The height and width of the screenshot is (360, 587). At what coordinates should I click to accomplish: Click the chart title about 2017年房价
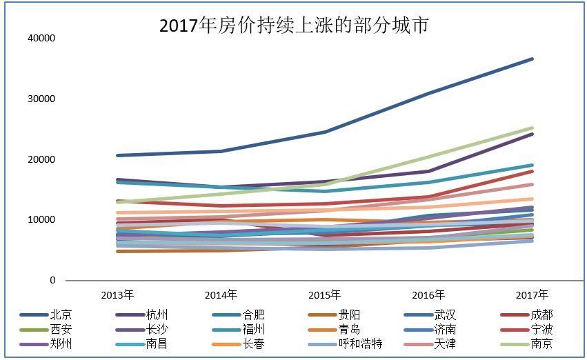(294, 26)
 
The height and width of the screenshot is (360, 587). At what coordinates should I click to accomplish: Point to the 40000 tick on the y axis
(41, 39)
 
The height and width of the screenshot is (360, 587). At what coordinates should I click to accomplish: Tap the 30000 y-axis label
(41, 99)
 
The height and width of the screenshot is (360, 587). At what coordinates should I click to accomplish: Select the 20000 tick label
(41, 160)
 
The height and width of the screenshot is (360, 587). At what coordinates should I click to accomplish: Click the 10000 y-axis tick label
(41, 220)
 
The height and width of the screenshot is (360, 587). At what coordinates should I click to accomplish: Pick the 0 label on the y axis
(52, 281)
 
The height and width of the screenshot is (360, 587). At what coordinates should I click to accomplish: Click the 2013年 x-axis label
(117, 295)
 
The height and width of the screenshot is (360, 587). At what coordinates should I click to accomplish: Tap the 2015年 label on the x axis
(324, 295)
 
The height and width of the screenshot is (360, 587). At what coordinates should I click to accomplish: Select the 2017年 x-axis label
(532, 295)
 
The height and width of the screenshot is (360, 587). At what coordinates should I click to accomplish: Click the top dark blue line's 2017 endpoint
(532, 59)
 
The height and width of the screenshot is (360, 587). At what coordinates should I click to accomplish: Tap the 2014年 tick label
(221, 295)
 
